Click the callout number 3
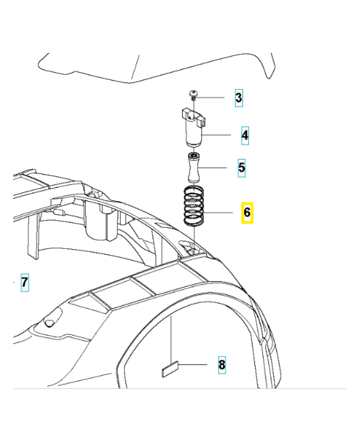pos(239,98)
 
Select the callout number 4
pos(245,134)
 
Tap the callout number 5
pos(241,167)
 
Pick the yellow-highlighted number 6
pos(246,212)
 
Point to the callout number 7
pos(24,283)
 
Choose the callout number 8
pos(222,365)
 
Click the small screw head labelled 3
pos(194,94)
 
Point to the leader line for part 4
pos(221,134)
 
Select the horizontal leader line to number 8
pos(193,365)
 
